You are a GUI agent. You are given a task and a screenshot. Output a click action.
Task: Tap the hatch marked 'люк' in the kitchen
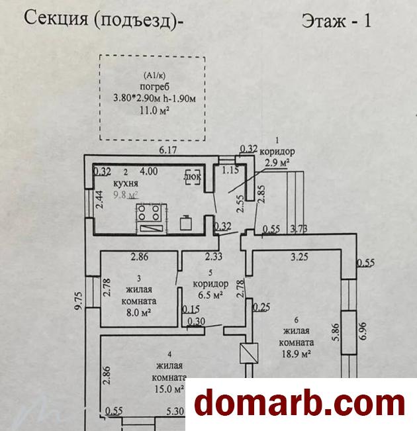click(193, 177)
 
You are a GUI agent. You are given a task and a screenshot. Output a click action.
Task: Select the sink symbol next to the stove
click(185, 222)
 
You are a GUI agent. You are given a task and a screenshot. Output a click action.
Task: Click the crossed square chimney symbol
click(249, 353)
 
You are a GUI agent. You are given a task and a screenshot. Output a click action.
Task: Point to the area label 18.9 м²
click(296, 354)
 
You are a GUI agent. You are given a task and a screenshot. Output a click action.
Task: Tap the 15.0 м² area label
click(169, 389)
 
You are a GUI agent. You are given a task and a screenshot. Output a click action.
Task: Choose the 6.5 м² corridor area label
click(210, 295)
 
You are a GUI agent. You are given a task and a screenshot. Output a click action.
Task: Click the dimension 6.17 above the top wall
click(168, 150)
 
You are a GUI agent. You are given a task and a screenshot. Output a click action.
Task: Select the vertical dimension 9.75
click(79, 301)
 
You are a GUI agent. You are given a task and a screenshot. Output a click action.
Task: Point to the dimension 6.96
click(363, 331)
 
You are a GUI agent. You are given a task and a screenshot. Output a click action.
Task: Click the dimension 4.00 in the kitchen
click(149, 171)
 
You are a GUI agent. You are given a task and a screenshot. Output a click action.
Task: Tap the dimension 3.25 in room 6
click(299, 257)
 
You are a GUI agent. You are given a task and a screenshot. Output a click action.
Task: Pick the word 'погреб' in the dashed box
click(155, 87)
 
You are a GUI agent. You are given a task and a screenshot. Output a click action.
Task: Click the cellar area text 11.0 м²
click(154, 111)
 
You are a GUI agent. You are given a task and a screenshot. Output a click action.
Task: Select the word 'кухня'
click(125, 183)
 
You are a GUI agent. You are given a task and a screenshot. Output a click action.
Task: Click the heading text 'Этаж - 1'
click(336, 21)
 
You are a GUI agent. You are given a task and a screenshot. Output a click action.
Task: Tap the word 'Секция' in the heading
click(56, 19)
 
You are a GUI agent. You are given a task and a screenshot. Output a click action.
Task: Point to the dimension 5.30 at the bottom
click(175, 411)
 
